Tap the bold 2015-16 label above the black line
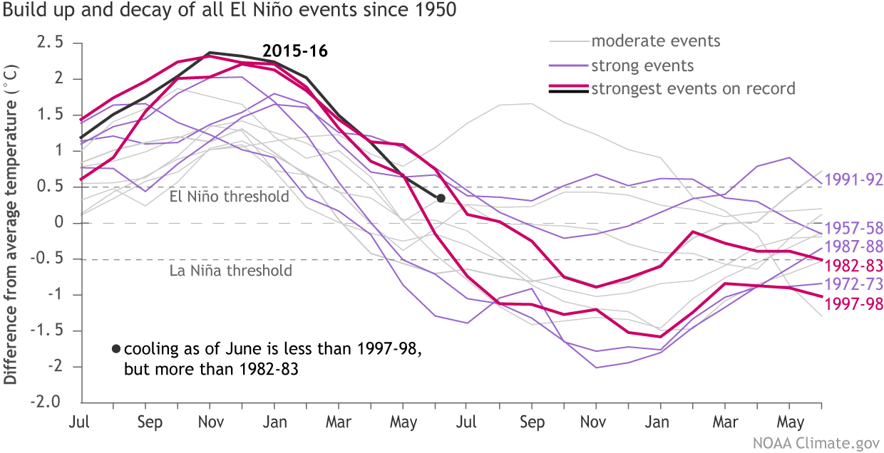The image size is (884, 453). click(x=294, y=51)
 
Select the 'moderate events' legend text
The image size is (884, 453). click(x=656, y=41)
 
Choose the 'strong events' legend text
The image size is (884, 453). click(x=642, y=66)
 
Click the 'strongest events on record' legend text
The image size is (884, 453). click(x=693, y=89)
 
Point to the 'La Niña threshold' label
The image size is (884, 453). click(x=230, y=271)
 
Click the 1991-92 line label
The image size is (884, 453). click(x=853, y=179)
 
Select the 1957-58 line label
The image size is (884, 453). click(x=853, y=229)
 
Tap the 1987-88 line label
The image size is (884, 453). click(x=853, y=247)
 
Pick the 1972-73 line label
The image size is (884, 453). click(x=853, y=285)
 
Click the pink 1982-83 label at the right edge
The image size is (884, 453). click(x=853, y=266)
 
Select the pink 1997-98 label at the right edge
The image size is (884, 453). click(x=853, y=304)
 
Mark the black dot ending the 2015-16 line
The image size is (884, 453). click(x=441, y=198)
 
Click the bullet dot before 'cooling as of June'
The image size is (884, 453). click(x=115, y=349)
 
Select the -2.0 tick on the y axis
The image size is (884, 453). click(x=46, y=402)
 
